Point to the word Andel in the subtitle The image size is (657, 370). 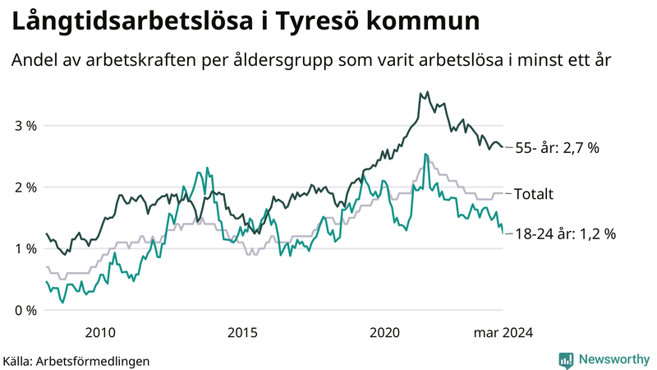click(34, 60)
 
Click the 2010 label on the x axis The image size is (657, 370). click(99, 333)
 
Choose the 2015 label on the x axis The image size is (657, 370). click(243, 333)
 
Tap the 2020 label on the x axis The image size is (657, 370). click(386, 333)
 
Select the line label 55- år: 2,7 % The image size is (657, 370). click(557, 149)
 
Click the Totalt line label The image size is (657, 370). click(533, 195)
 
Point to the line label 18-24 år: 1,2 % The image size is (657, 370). click(564, 234)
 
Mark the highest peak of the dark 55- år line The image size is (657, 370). click(421, 93)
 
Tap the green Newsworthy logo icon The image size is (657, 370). click(566, 359)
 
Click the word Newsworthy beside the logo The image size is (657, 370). click(613, 359)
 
